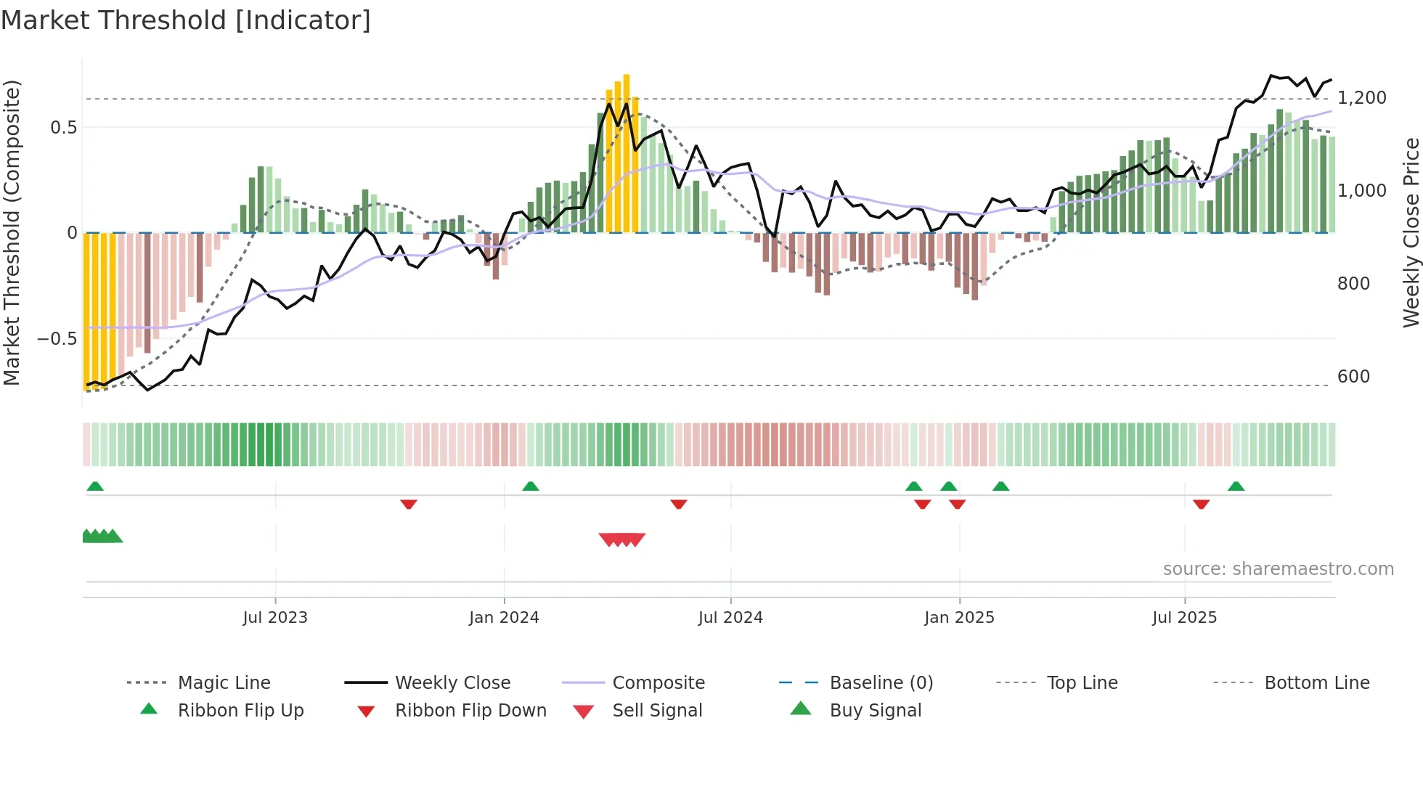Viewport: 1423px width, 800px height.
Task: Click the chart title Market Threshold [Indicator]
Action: pos(186,20)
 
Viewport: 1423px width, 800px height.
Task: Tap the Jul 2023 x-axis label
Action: pos(275,618)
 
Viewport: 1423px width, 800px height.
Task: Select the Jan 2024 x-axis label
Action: pos(504,618)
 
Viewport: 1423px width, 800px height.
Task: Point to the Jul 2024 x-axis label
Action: pos(730,618)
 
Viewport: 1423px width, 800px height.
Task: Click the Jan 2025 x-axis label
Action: pos(959,618)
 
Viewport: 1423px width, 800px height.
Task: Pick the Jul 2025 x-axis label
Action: pos(1184,618)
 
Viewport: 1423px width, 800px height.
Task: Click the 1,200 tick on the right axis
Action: pos(1362,98)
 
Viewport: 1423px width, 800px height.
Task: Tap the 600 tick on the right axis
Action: pos(1353,377)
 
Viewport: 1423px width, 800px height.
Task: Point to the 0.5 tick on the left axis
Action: pos(63,128)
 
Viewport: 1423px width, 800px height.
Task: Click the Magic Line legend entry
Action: pos(224,683)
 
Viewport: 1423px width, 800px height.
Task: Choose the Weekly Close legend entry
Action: pos(452,683)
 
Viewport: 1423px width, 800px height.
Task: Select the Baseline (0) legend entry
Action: pos(881,683)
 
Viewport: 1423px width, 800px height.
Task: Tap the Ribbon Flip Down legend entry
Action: pos(470,711)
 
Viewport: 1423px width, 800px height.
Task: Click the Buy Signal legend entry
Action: pos(875,711)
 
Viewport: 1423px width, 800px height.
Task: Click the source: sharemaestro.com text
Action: pos(1278,569)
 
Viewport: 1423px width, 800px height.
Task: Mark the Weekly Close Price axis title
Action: pos(1411,232)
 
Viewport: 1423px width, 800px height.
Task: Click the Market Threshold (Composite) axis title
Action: pos(12,232)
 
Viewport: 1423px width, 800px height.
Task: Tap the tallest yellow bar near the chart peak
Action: pos(627,152)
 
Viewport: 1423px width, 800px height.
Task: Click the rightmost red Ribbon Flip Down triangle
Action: pos(1201,504)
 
